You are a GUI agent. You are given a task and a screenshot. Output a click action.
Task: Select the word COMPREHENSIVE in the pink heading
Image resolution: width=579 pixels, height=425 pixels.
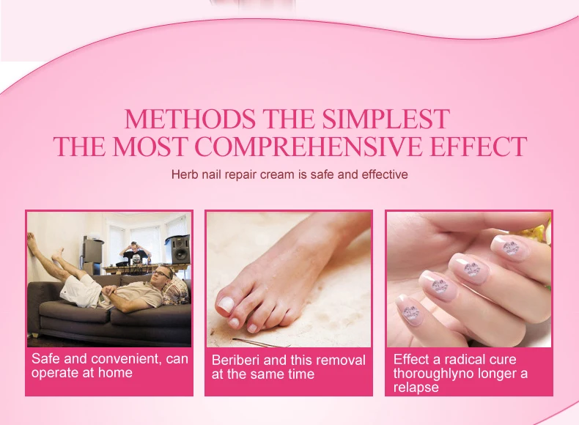pos(313,146)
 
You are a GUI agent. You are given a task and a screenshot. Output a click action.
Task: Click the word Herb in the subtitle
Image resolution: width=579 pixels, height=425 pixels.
pos(183,175)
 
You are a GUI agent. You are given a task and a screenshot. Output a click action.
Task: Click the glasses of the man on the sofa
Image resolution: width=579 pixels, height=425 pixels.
pos(163,274)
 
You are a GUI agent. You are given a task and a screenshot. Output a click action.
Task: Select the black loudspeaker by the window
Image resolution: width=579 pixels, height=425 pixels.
pos(180,248)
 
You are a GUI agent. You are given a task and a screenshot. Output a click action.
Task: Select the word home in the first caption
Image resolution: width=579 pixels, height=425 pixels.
pos(117,373)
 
